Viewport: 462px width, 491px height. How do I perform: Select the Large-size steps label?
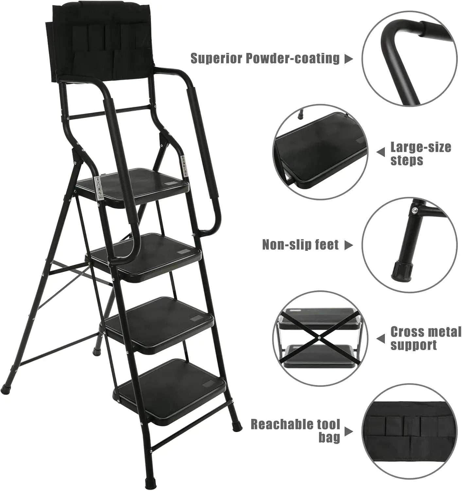(x=420, y=154)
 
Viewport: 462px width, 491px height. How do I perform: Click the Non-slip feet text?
(x=300, y=245)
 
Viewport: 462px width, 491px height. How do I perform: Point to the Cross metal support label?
(x=425, y=338)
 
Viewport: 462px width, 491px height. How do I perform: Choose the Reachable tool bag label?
(x=296, y=430)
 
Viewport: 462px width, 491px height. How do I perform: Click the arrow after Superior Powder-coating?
(x=349, y=59)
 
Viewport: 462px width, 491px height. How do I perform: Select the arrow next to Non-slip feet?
(x=349, y=245)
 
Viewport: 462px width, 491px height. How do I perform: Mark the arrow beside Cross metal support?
(x=381, y=339)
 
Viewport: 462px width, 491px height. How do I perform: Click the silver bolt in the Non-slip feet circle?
(x=415, y=210)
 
